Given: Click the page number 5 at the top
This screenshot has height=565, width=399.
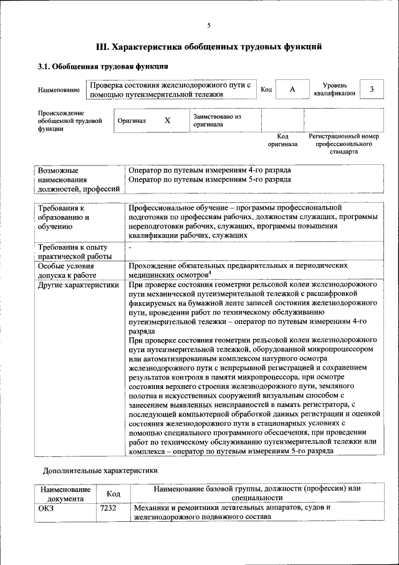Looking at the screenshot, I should [x=209, y=26].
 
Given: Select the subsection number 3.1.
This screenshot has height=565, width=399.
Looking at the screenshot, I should [x=44, y=66].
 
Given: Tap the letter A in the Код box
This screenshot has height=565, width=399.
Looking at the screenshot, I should [x=292, y=90].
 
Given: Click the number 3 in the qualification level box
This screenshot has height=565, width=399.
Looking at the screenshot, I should [x=372, y=89].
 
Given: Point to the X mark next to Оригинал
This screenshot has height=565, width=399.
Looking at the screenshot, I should [x=167, y=120].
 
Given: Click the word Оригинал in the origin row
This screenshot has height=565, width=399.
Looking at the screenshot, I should [x=132, y=120].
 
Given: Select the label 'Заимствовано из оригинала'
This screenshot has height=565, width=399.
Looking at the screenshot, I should [x=217, y=120].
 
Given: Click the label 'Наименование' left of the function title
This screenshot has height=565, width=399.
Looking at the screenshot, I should [x=59, y=90].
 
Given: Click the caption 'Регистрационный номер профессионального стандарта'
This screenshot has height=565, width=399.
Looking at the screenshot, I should [x=344, y=144].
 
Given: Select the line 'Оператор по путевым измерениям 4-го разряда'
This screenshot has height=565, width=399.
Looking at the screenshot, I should [x=209, y=170].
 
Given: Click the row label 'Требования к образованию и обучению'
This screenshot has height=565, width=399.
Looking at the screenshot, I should [x=63, y=217].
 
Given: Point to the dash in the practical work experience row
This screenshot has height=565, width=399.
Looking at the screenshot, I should [x=130, y=248].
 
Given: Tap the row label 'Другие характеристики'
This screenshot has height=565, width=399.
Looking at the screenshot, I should [x=78, y=285].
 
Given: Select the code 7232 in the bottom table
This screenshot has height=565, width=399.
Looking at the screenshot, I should [x=108, y=508].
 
